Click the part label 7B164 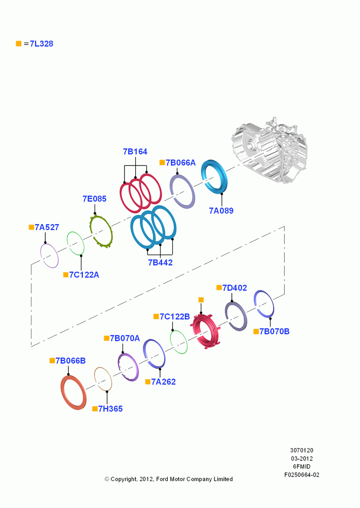135,151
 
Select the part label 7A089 221,211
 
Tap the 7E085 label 95,199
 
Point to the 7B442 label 160,263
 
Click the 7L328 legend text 42,44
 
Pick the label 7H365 111,409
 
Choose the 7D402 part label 234,288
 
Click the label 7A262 163,382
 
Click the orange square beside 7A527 32,227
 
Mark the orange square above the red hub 201,300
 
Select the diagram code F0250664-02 302,474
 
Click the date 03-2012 302,458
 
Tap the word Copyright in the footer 124,479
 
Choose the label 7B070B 275,331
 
